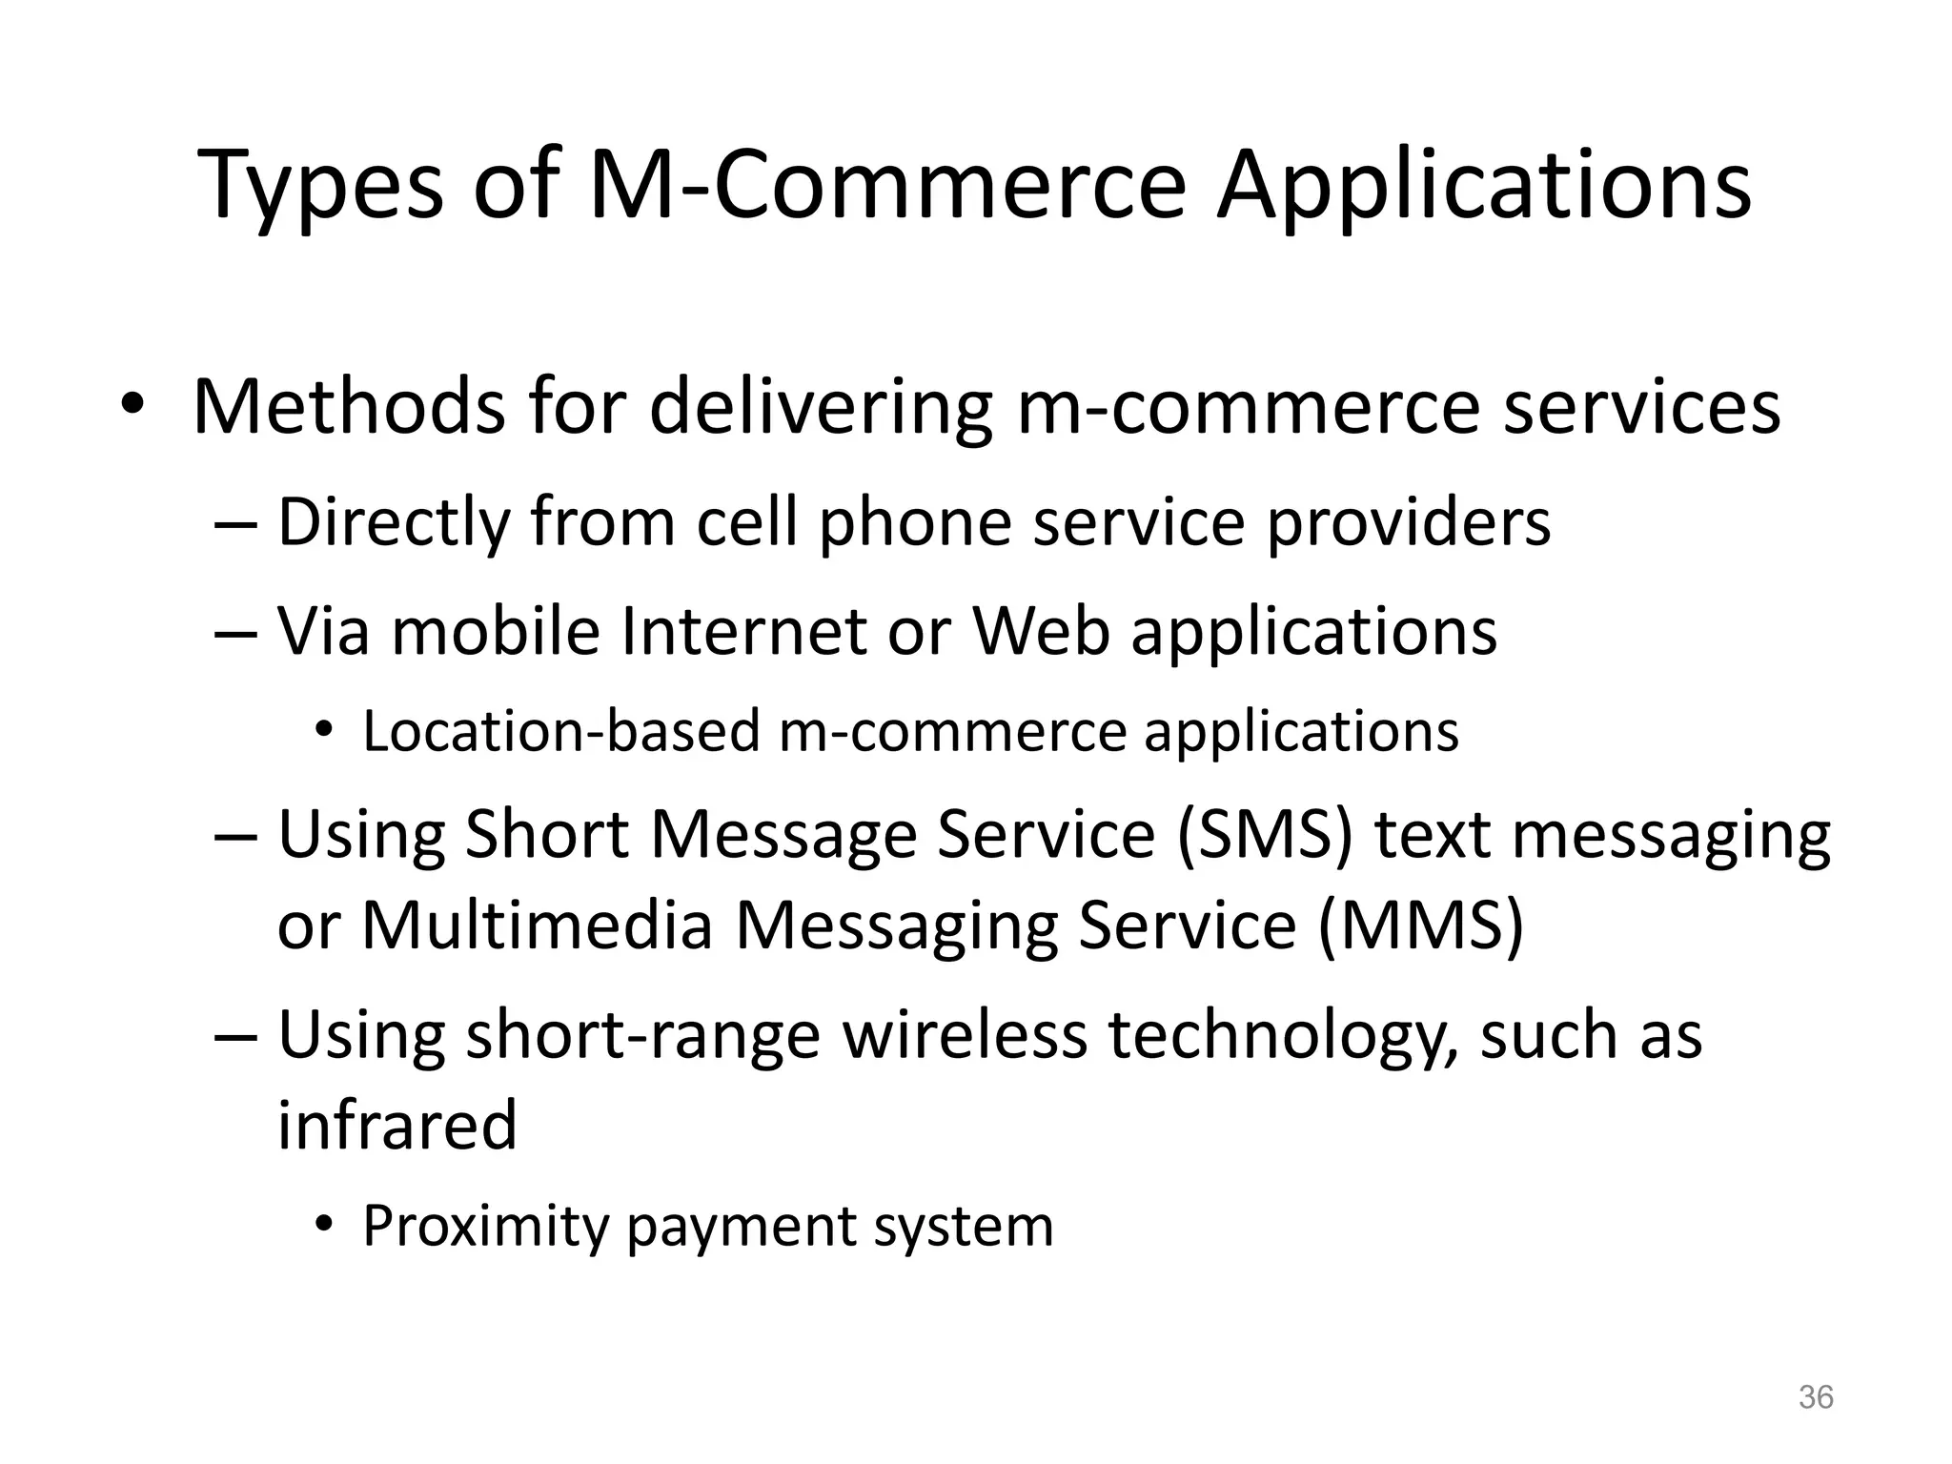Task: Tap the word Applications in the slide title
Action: [x=1483, y=187]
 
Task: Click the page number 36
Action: [x=1815, y=1397]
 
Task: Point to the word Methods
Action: [x=349, y=407]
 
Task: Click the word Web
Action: [x=1041, y=632]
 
